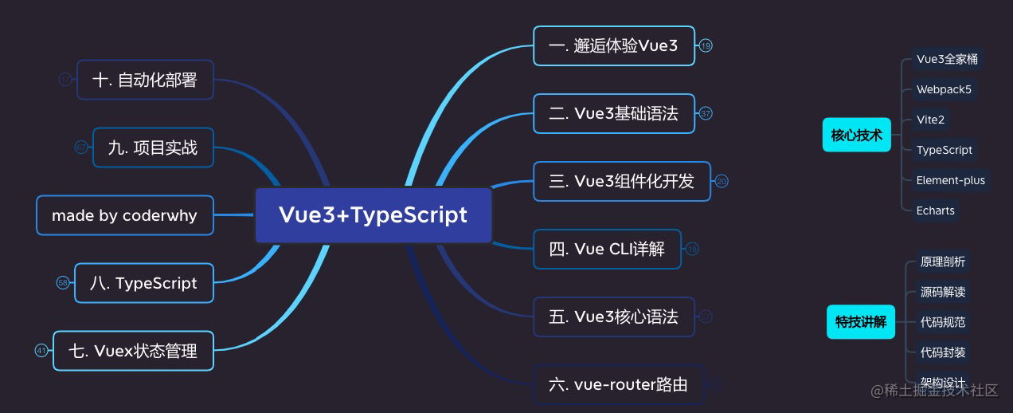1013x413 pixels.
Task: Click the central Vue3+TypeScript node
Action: pos(373,215)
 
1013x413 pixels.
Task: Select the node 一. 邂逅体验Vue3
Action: pos(613,46)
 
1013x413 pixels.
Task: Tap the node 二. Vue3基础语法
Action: pos(613,114)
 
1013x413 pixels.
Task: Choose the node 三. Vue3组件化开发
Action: pos(621,181)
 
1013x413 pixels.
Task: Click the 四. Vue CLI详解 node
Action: pos(607,250)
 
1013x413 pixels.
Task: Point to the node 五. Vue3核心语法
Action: pos(613,317)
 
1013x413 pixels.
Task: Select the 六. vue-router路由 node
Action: pos(618,385)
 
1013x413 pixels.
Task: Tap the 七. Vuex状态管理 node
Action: pos(133,351)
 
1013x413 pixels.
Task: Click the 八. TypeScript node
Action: pos(143,283)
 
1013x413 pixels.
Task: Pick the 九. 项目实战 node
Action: pos(153,147)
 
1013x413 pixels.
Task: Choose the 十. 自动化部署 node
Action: pos(145,80)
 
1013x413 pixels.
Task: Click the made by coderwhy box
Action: pos(125,215)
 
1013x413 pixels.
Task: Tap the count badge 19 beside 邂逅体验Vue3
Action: pos(706,46)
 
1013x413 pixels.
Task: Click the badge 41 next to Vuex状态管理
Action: pos(41,351)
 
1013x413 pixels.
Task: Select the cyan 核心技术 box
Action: pos(856,135)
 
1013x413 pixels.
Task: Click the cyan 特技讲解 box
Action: pos(860,322)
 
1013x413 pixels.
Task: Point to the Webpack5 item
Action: pos(944,89)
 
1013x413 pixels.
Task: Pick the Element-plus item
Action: pos(950,180)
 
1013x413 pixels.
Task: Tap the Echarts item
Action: pos(935,210)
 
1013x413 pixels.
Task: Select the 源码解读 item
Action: pos(942,292)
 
